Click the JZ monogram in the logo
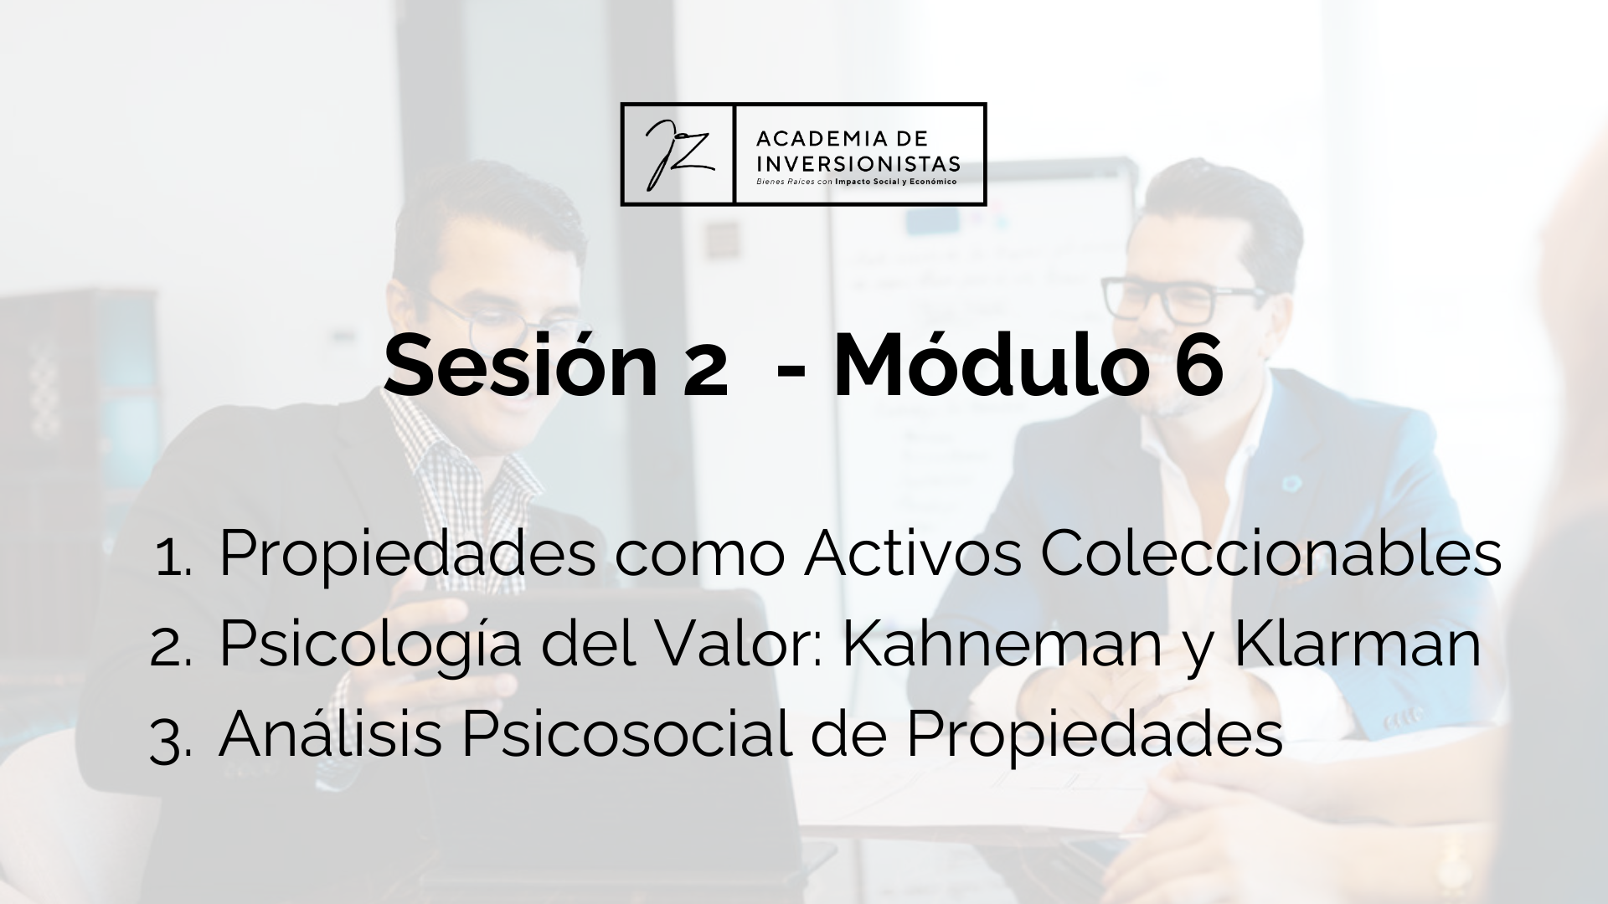pyautogui.click(x=678, y=154)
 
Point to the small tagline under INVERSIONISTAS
pyautogui.click(x=856, y=181)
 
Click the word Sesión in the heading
pyautogui.click(x=520, y=367)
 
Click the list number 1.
pyautogui.click(x=173, y=559)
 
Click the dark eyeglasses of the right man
pyautogui.click(x=1183, y=300)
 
